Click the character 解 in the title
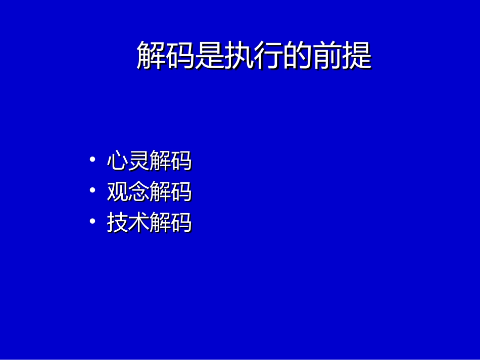coord(151,56)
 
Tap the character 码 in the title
coord(180,56)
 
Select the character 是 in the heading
coord(210,56)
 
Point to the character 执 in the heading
coord(239,56)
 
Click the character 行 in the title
coord(268,56)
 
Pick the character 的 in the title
coord(298,56)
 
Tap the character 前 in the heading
coord(327,56)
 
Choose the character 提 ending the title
coord(357,56)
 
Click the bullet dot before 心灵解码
coord(92,160)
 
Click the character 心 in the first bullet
coord(117,162)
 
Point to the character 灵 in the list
coord(138,162)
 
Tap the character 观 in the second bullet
coord(117,192)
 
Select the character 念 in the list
coord(138,192)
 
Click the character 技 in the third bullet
coord(117,223)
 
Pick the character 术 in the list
coord(138,223)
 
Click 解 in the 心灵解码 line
coord(160,162)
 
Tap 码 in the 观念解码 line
coord(181,192)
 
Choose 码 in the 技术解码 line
coord(181,223)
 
